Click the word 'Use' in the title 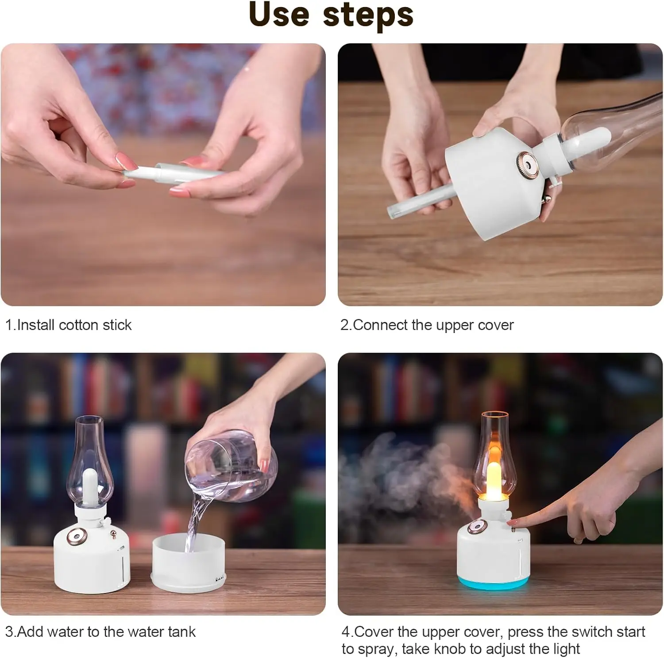coord(279,15)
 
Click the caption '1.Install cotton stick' coord(68,325)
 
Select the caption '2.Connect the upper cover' coord(427,325)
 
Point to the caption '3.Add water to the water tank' coord(100,631)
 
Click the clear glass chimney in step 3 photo coord(89,460)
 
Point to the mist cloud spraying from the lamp coord(398,478)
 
